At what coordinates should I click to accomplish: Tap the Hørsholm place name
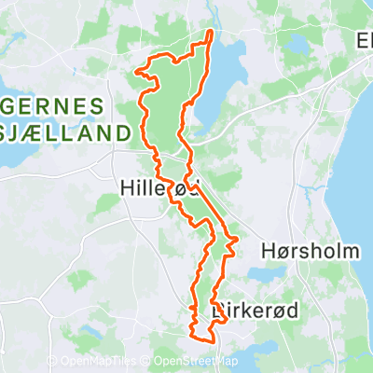[297, 252]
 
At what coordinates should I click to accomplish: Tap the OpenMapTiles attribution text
[100, 362]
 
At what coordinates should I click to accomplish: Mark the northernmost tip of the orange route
[210, 33]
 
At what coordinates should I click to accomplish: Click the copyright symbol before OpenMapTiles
[53, 362]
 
